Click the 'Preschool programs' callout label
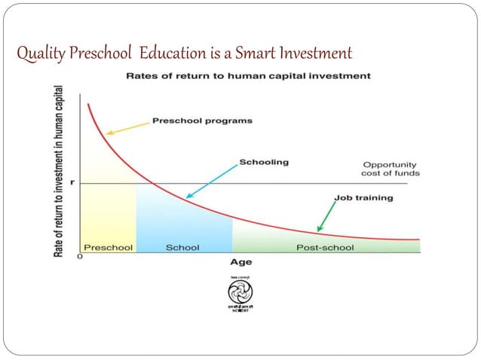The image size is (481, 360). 202,121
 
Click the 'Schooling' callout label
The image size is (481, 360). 263,162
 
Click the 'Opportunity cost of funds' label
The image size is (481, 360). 391,169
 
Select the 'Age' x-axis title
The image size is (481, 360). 240,262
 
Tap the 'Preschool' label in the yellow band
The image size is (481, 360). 108,246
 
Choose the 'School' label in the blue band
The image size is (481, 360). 182,246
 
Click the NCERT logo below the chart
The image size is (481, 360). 240,296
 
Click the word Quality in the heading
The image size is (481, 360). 38,54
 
